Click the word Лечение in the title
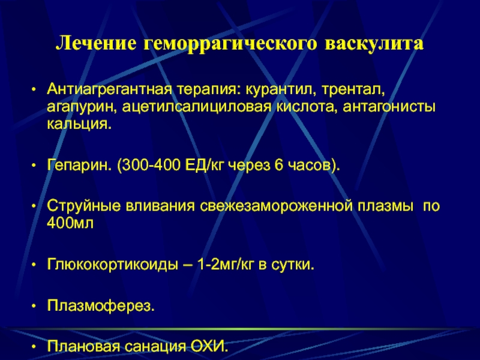(x=96, y=43)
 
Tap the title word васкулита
(x=374, y=44)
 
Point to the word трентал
(x=353, y=89)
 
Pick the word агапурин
(x=82, y=107)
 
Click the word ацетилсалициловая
(x=197, y=107)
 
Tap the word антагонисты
(x=389, y=107)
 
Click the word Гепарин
(x=80, y=166)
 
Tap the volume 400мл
(x=70, y=223)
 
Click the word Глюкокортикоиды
(x=112, y=265)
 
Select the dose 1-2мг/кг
(x=226, y=265)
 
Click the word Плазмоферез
(x=101, y=305)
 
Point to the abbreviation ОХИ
(x=209, y=346)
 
